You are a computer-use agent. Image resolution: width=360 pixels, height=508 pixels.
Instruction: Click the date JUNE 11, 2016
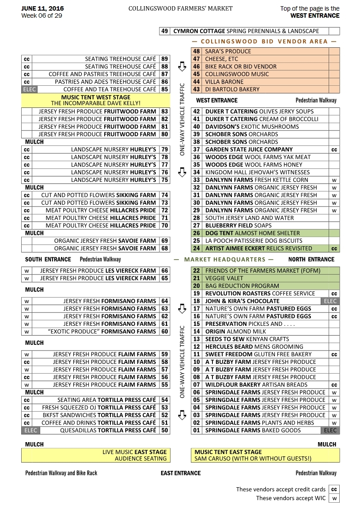[42, 8]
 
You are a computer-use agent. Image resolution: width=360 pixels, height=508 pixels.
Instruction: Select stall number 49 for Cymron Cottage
[164, 31]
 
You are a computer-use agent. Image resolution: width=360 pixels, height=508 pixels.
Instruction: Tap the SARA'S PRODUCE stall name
[228, 51]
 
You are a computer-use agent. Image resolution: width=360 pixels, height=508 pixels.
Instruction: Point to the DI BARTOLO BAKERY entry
[232, 89]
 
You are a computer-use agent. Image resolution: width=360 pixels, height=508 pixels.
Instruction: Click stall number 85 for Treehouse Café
[165, 89]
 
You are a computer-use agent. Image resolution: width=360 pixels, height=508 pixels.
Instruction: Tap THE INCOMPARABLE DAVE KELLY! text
[95, 103]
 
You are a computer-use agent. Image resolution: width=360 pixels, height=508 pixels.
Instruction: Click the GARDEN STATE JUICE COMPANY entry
[249, 149]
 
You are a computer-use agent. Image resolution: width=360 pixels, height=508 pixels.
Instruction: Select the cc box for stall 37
[334, 149]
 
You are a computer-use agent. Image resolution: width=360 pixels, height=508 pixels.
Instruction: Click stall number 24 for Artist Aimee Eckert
[197, 248]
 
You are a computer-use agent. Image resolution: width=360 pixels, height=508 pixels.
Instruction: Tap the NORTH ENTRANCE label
[311, 260]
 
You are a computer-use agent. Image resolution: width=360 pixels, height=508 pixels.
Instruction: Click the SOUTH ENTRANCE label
[48, 260]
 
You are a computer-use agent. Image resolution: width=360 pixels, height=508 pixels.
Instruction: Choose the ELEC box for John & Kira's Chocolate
[330, 301]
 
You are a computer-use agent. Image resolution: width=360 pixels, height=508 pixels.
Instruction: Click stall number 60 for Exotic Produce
[165, 332]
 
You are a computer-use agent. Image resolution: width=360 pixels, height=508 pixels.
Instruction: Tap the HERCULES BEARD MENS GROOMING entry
[254, 347]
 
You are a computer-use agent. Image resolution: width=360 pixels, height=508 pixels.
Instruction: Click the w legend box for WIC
[334, 498]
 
